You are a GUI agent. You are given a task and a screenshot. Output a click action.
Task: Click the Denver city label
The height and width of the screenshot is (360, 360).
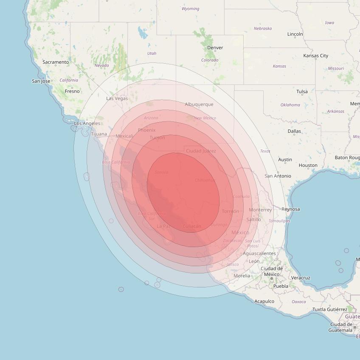(x=215, y=48)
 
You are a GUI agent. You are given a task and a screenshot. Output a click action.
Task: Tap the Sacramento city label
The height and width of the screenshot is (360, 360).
(x=56, y=62)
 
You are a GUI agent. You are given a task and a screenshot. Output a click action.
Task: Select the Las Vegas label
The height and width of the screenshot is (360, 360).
(x=117, y=98)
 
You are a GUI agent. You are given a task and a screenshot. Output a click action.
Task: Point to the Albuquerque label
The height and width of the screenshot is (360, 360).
(x=199, y=104)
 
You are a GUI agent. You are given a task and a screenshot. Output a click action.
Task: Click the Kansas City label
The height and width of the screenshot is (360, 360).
(x=315, y=56)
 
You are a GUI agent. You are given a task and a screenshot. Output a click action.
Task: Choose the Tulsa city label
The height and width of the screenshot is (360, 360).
(x=302, y=91)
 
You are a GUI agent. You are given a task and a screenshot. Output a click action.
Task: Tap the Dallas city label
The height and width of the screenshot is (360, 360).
(x=294, y=131)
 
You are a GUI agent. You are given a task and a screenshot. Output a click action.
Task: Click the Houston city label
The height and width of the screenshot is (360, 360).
(x=308, y=165)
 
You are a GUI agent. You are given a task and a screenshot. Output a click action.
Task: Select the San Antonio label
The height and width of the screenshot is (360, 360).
(x=278, y=176)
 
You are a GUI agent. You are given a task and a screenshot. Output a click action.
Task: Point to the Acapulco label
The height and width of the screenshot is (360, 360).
(x=264, y=301)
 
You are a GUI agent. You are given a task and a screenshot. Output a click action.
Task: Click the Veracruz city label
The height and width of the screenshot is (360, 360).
(x=301, y=278)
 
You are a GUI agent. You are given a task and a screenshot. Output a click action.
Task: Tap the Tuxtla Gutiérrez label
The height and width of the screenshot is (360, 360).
(x=329, y=309)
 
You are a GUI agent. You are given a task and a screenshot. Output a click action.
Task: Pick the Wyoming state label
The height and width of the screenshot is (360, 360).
(x=190, y=8)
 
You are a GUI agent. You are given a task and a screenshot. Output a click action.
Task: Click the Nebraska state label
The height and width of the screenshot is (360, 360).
(x=263, y=28)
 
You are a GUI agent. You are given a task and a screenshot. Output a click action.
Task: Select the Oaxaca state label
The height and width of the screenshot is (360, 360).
(x=299, y=301)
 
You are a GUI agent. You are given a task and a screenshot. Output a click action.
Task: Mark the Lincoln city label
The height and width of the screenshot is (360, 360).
(x=295, y=34)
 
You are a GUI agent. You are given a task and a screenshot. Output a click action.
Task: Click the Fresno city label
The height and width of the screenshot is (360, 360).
(x=72, y=91)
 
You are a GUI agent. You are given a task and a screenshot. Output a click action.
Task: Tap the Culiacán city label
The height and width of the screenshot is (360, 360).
(x=191, y=226)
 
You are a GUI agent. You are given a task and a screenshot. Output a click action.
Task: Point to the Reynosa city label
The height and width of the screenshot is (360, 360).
(x=291, y=209)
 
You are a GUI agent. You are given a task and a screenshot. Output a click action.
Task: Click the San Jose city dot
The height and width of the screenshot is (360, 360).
(x=52, y=81)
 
